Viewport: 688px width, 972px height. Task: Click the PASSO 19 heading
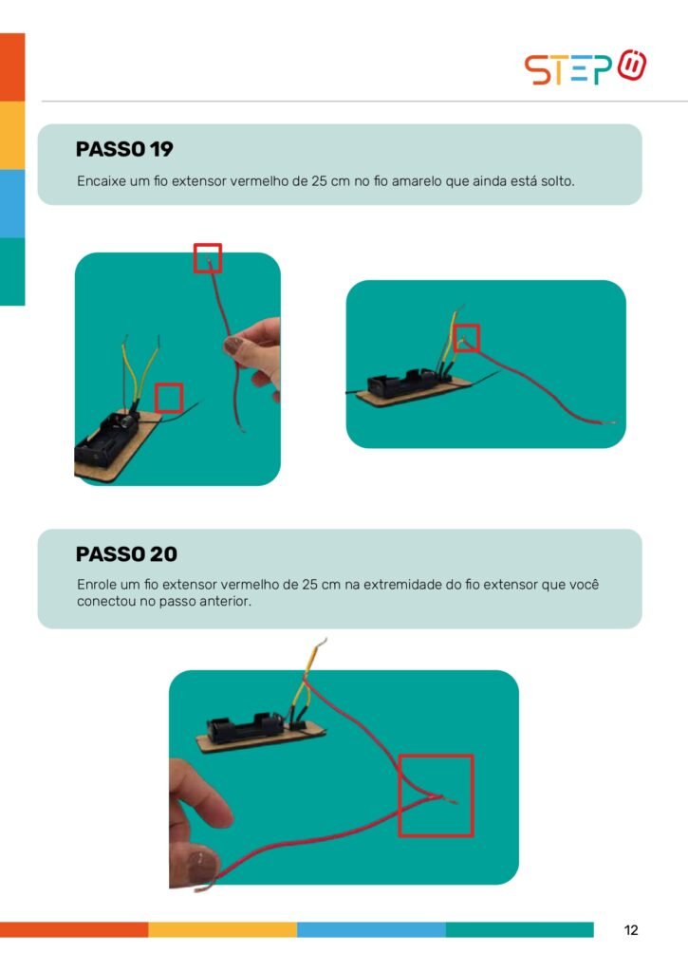tap(124, 149)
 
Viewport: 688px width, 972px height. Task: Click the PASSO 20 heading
tap(126, 553)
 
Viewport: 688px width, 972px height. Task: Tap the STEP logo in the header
tap(586, 67)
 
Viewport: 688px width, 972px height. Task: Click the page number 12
tap(631, 930)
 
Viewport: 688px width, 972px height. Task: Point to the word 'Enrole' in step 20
tap(96, 585)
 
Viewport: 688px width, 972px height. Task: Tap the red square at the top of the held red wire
tap(208, 258)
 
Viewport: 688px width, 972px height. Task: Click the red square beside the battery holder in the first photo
tap(168, 398)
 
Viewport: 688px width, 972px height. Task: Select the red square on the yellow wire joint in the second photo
tap(467, 338)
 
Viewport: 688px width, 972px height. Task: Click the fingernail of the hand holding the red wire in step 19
tap(233, 346)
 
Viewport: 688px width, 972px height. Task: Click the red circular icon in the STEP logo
tap(632, 65)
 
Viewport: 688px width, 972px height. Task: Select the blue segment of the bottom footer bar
tap(371, 929)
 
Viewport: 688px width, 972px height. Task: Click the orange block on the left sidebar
tap(12, 67)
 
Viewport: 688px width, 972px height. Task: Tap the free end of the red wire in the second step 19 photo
tap(615, 422)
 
